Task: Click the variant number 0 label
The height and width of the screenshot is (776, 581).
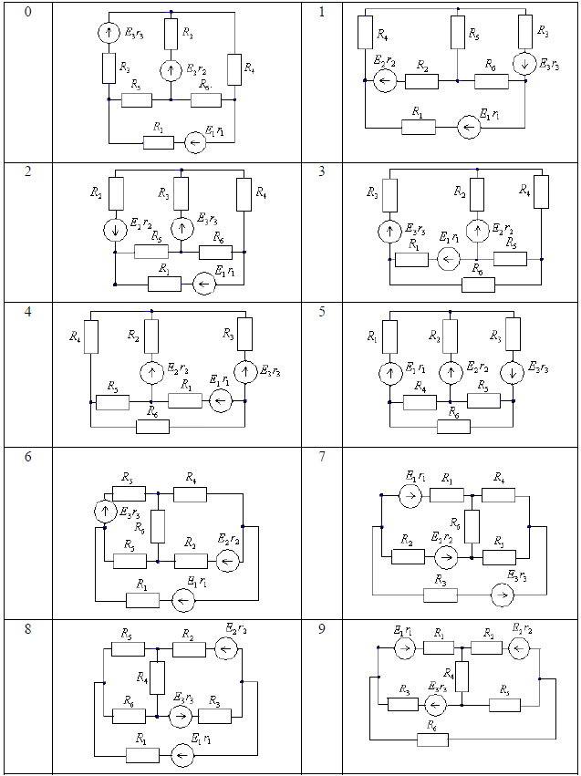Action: point(27,14)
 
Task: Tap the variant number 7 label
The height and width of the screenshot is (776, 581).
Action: point(322,455)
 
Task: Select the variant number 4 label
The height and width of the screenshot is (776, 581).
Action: point(27,312)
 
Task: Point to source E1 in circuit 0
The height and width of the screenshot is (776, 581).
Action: point(192,142)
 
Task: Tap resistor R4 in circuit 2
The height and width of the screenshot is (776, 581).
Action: point(243,193)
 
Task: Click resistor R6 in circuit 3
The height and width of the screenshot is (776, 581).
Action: point(478,285)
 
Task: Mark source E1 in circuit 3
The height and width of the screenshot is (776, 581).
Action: point(448,259)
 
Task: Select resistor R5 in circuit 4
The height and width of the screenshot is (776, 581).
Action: point(112,401)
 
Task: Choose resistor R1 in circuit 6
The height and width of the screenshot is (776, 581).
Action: point(142,599)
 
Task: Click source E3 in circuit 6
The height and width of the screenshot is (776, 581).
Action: point(105,512)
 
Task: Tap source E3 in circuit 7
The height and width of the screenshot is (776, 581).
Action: point(500,595)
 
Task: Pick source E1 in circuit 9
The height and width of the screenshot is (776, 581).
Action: point(407,647)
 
